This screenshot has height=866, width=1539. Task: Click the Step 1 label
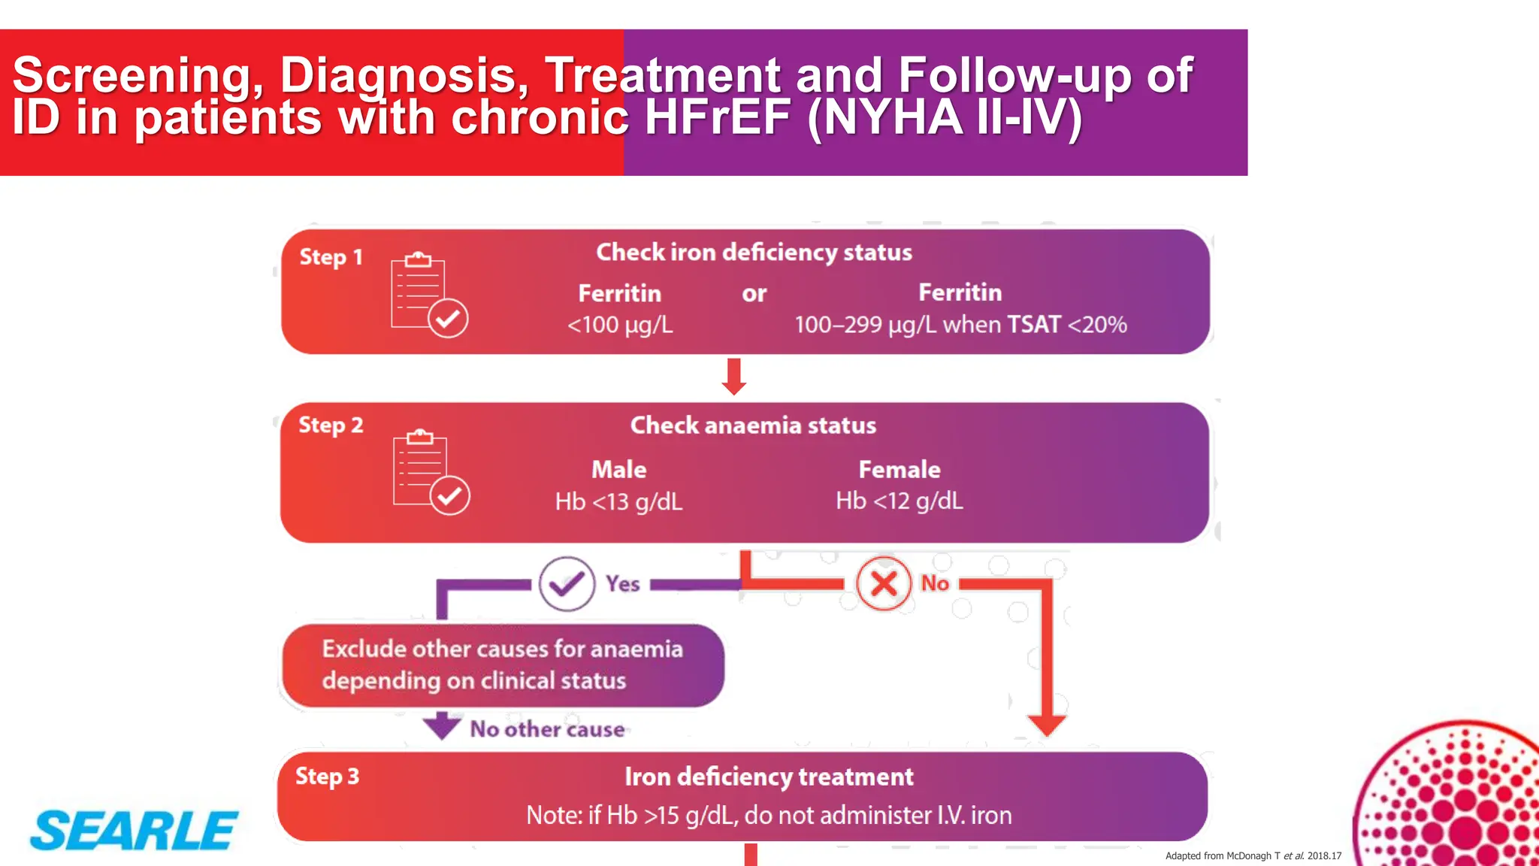point(331,257)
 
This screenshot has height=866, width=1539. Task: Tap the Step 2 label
point(331,425)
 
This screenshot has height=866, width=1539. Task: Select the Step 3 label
point(327,777)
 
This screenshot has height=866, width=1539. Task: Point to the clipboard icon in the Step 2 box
point(431,471)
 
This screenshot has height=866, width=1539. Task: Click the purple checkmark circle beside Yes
point(567,583)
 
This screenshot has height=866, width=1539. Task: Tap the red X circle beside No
point(884,583)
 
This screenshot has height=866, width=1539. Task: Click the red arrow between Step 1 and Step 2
point(734,377)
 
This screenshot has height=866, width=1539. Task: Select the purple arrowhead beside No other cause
point(442,726)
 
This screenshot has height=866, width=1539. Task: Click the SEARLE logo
point(134,831)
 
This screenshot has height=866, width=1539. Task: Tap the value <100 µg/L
point(620,325)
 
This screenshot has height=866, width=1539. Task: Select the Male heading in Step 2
point(618,470)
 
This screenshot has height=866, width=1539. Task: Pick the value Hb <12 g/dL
point(899,501)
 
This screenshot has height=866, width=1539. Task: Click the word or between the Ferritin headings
point(754,294)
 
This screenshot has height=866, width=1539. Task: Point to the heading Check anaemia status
point(753,425)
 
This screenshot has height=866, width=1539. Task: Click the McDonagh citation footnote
point(1253,855)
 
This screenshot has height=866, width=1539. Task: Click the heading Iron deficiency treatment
point(769,777)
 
